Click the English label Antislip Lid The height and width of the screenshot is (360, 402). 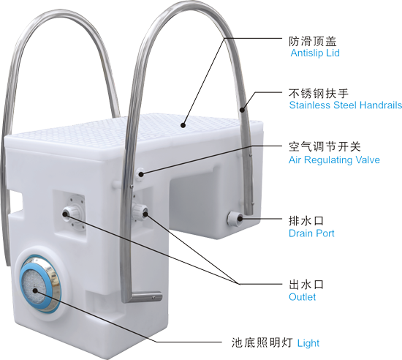click(x=315, y=53)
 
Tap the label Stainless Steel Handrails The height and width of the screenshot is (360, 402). click(x=345, y=105)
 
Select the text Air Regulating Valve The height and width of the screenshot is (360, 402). click(x=334, y=160)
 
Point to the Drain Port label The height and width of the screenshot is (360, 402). click(x=311, y=233)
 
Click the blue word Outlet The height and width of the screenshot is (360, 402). click(x=302, y=297)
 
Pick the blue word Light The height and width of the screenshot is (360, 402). click(x=308, y=343)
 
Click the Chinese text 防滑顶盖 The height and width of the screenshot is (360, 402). click(x=313, y=41)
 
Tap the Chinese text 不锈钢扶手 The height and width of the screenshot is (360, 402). click(x=319, y=94)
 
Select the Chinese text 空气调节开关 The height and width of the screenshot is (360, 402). click(x=325, y=147)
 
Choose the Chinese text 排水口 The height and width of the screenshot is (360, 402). click(x=306, y=221)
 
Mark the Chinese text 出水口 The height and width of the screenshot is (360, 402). click(x=306, y=285)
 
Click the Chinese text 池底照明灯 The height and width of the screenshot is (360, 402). click(x=262, y=343)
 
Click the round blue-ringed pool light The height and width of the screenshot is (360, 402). click(x=39, y=285)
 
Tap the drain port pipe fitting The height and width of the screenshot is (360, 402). click(x=235, y=219)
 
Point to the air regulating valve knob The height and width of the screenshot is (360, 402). click(x=140, y=174)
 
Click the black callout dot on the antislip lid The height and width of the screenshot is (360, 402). click(x=183, y=125)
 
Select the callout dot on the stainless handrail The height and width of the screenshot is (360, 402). click(x=242, y=110)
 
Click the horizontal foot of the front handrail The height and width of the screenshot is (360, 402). click(x=145, y=297)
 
